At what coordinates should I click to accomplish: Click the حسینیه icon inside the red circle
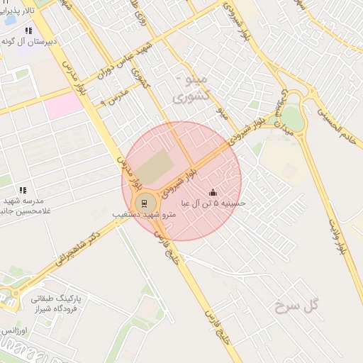(213, 192)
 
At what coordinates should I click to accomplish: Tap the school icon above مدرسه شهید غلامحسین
(23, 190)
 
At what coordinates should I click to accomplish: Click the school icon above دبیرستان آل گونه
(28, 31)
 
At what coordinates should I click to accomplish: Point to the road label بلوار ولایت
(336, 237)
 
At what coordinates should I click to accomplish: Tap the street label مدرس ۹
(116, 97)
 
